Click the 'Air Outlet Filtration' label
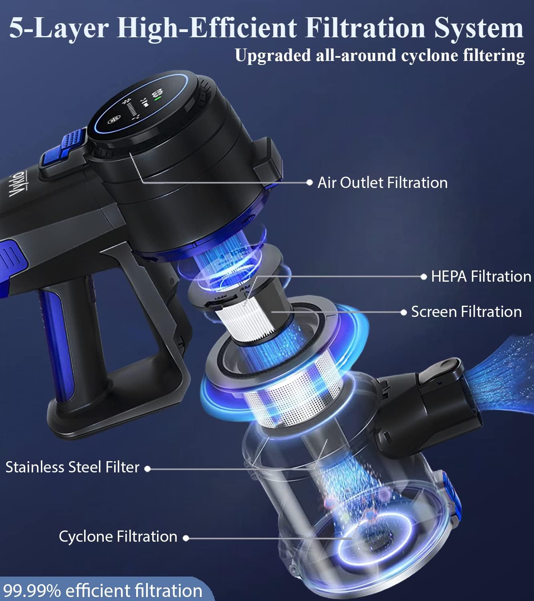coord(382,183)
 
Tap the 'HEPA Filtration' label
coord(481,276)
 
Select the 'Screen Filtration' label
coord(466,312)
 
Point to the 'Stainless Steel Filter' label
coord(72,467)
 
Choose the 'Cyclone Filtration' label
coord(118,536)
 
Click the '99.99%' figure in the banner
coord(32,591)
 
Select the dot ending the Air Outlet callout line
coord(309,182)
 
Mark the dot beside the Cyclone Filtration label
coord(186,538)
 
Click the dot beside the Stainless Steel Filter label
coord(147,468)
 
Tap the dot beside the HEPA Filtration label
coord(424,276)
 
